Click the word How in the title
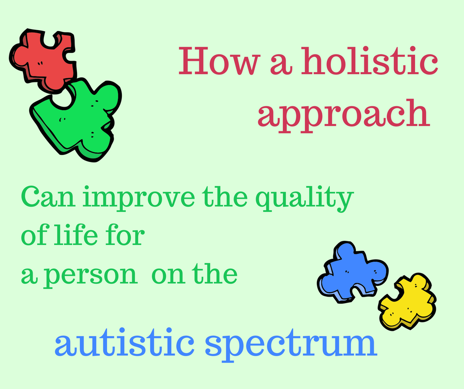pyautogui.click(x=220, y=62)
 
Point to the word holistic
pyautogui.click(x=369, y=61)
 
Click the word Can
pyautogui.click(x=48, y=197)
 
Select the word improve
pyautogui.click(x=139, y=198)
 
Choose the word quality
pyautogui.click(x=305, y=198)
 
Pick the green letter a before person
pyautogui.click(x=29, y=275)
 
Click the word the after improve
pyautogui.click(x=225, y=196)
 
